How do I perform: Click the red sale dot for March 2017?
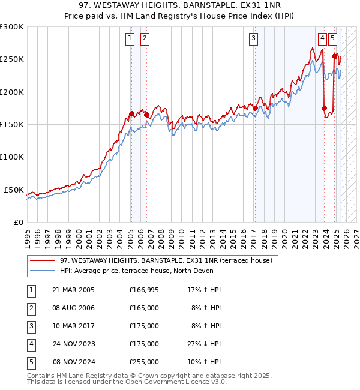pos(255,109)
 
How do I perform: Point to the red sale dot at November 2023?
pos(324,109)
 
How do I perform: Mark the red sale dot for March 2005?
pos(131,113)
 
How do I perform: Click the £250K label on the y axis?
pos(12,59)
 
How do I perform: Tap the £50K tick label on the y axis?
pos(14,190)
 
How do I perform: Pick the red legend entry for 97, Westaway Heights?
pos(166,260)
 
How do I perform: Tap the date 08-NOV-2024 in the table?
pos(73,362)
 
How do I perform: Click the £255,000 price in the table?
pos(144,362)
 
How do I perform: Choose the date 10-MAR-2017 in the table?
pos(73,326)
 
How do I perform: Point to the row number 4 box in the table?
pos(31,344)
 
